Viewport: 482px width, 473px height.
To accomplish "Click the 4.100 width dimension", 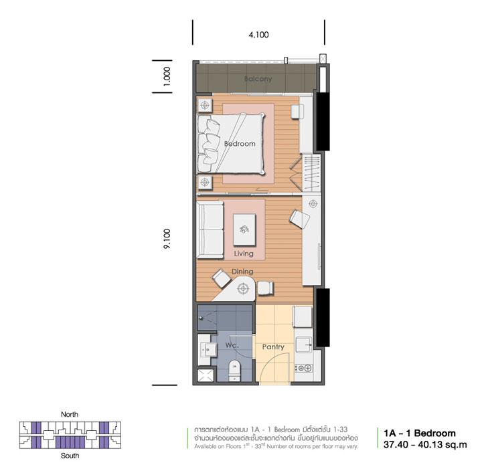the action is click(x=258, y=35).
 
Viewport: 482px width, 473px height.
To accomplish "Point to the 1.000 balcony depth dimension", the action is click(x=167, y=76).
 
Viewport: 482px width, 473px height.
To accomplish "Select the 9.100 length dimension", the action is click(x=167, y=239).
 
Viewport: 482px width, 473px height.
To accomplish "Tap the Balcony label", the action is click(x=258, y=79).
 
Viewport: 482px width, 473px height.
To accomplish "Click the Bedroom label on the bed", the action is click(x=240, y=144).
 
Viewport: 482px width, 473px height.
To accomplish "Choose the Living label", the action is click(x=244, y=254).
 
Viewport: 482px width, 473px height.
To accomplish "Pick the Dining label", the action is click(x=242, y=272).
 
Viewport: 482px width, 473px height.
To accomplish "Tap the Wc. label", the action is click(x=232, y=345).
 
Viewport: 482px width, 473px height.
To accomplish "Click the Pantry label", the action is click(x=273, y=347).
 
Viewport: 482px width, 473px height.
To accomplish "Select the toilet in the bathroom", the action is click(x=234, y=371).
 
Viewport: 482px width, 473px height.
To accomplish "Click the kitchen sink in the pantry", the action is click(x=304, y=345).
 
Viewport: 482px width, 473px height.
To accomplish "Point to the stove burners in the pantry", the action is click(x=304, y=368).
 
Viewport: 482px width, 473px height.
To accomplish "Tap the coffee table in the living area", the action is click(x=244, y=229).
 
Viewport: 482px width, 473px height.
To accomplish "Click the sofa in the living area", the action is click(x=210, y=229).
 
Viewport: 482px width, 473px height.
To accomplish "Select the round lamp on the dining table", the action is click(x=243, y=289).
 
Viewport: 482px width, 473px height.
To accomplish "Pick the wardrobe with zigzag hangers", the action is click(x=312, y=173).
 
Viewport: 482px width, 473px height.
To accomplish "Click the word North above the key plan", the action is click(x=70, y=414).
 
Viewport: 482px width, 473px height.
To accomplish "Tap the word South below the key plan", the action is click(x=70, y=456).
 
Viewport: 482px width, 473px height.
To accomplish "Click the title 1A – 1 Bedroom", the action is click(x=420, y=433).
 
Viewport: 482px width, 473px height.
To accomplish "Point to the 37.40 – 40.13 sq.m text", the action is click(x=425, y=444).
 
